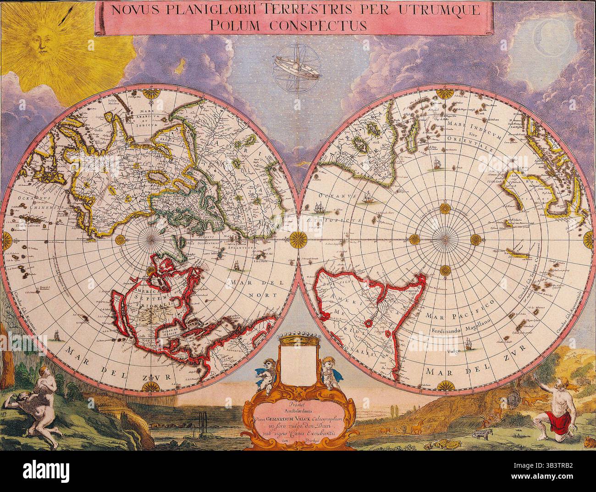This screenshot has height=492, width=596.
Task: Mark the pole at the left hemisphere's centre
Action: pyautogui.click(x=151, y=238)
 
